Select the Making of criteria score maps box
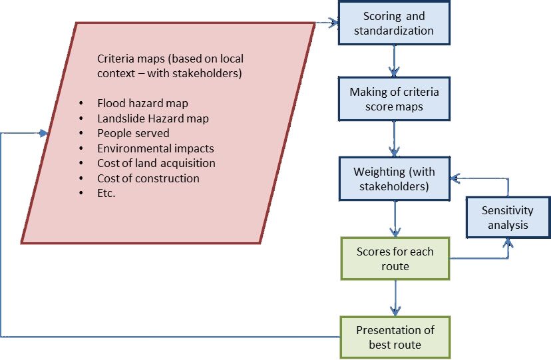pyautogui.click(x=395, y=98)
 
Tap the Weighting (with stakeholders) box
pyautogui.click(x=395, y=178)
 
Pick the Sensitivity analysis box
pyautogui.click(x=507, y=217)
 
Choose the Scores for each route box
pyautogui.click(x=395, y=259)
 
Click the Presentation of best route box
pyautogui.click(x=395, y=337)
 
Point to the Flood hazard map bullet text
pyautogui.click(x=142, y=103)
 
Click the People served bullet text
pyautogui.click(x=133, y=133)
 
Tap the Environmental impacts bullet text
pyautogui.click(x=155, y=148)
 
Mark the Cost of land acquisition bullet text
pyautogui.click(x=156, y=163)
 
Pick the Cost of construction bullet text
pyautogui.click(x=148, y=178)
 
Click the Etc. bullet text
pyautogui.click(x=106, y=193)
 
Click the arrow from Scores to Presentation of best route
pyautogui.click(x=396, y=297)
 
